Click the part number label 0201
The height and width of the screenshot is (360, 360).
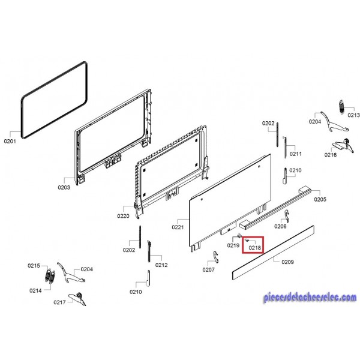pyautogui.click(x=10, y=142)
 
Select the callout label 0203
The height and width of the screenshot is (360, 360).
pyautogui.click(x=64, y=187)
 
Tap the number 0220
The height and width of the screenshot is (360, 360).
pyautogui.click(x=123, y=216)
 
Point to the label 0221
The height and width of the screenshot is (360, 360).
pyautogui.click(x=178, y=227)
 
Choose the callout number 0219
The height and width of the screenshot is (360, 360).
pyautogui.click(x=233, y=245)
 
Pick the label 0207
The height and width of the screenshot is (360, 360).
pyautogui.click(x=208, y=269)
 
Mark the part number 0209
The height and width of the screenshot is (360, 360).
pyautogui.click(x=287, y=262)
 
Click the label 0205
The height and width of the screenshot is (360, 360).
pyautogui.click(x=320, y=199)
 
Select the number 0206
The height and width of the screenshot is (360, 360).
pyautogui.click(x=281, y=227)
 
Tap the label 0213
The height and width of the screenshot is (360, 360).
pyautogui.click(x=353, y=115)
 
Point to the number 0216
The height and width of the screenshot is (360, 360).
pyautogui.click(x=331, y=155)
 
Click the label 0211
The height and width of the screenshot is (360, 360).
pyautogui.click(x=295, y=154)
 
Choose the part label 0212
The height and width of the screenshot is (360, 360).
pyautogui.click(x=161, y=265)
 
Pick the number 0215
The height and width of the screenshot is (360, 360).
pyautogui.click(x=34, y=265)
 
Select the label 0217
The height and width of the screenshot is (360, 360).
pyautogui.click(x=59, y=302)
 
